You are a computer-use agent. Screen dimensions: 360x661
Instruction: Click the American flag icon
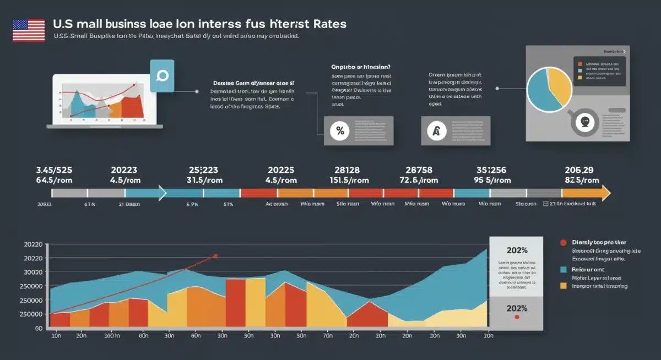click(x=28, y=30)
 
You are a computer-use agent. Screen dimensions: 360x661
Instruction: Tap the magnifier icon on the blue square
click(x=162, y=76)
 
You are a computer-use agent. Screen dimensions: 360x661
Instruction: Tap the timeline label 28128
click(x=347, y=170)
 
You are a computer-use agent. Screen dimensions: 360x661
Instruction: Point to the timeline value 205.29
click(x=579, y=170)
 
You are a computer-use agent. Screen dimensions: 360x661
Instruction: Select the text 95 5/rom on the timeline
click(x=492, y=181)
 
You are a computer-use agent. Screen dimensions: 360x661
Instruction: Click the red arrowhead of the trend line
click(x=215, y=255)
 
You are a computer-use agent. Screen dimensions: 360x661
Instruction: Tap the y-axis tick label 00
click(x=39, y=329)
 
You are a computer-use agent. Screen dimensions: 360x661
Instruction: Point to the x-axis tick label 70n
click(x=327, y=335)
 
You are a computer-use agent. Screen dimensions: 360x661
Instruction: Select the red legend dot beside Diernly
click(x=563, y=243)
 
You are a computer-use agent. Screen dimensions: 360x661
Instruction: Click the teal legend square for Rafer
click(x=563, y=270)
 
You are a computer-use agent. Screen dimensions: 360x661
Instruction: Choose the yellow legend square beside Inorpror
click(x=563, y=286)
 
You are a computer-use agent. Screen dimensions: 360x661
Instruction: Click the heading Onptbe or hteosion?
click(x=357, y=66)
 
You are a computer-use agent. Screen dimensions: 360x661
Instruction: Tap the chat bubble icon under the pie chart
click(x=585, y=123)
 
